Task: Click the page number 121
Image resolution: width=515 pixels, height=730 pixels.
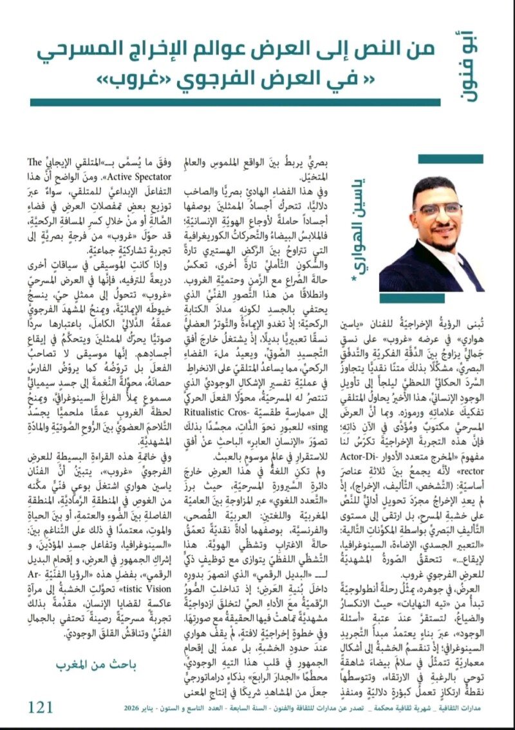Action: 40,707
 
